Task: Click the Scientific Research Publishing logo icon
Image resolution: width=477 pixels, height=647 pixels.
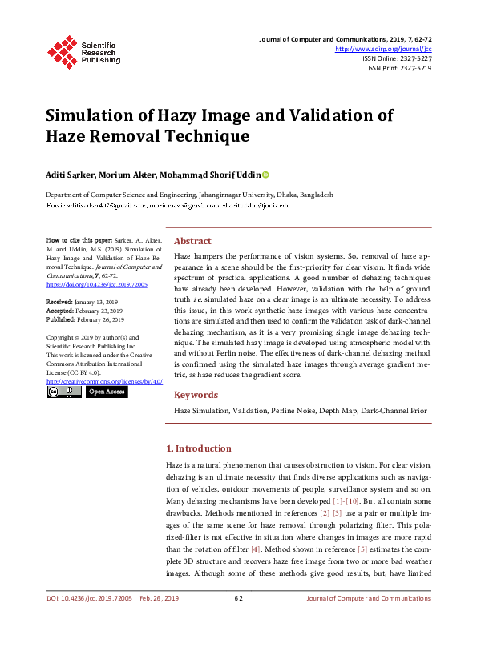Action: [63, 50]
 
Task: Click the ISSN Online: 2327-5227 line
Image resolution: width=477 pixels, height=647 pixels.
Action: [397, 58]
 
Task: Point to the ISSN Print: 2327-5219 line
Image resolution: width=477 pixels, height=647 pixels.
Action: [399, 68]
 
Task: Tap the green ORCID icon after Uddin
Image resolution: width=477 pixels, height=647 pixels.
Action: [265, 175]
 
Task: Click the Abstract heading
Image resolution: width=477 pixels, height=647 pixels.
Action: [192, 241]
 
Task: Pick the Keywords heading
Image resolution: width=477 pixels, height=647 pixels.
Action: [196, 395]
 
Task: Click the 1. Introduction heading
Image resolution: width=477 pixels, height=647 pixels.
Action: [198, 448]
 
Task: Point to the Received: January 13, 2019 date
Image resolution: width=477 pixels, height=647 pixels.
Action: [83, 301]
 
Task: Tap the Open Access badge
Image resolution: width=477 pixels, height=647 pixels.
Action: [106, 392]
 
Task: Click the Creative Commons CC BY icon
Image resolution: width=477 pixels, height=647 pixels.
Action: [63, 392]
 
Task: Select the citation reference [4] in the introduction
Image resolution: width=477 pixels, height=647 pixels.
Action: [255, 549]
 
